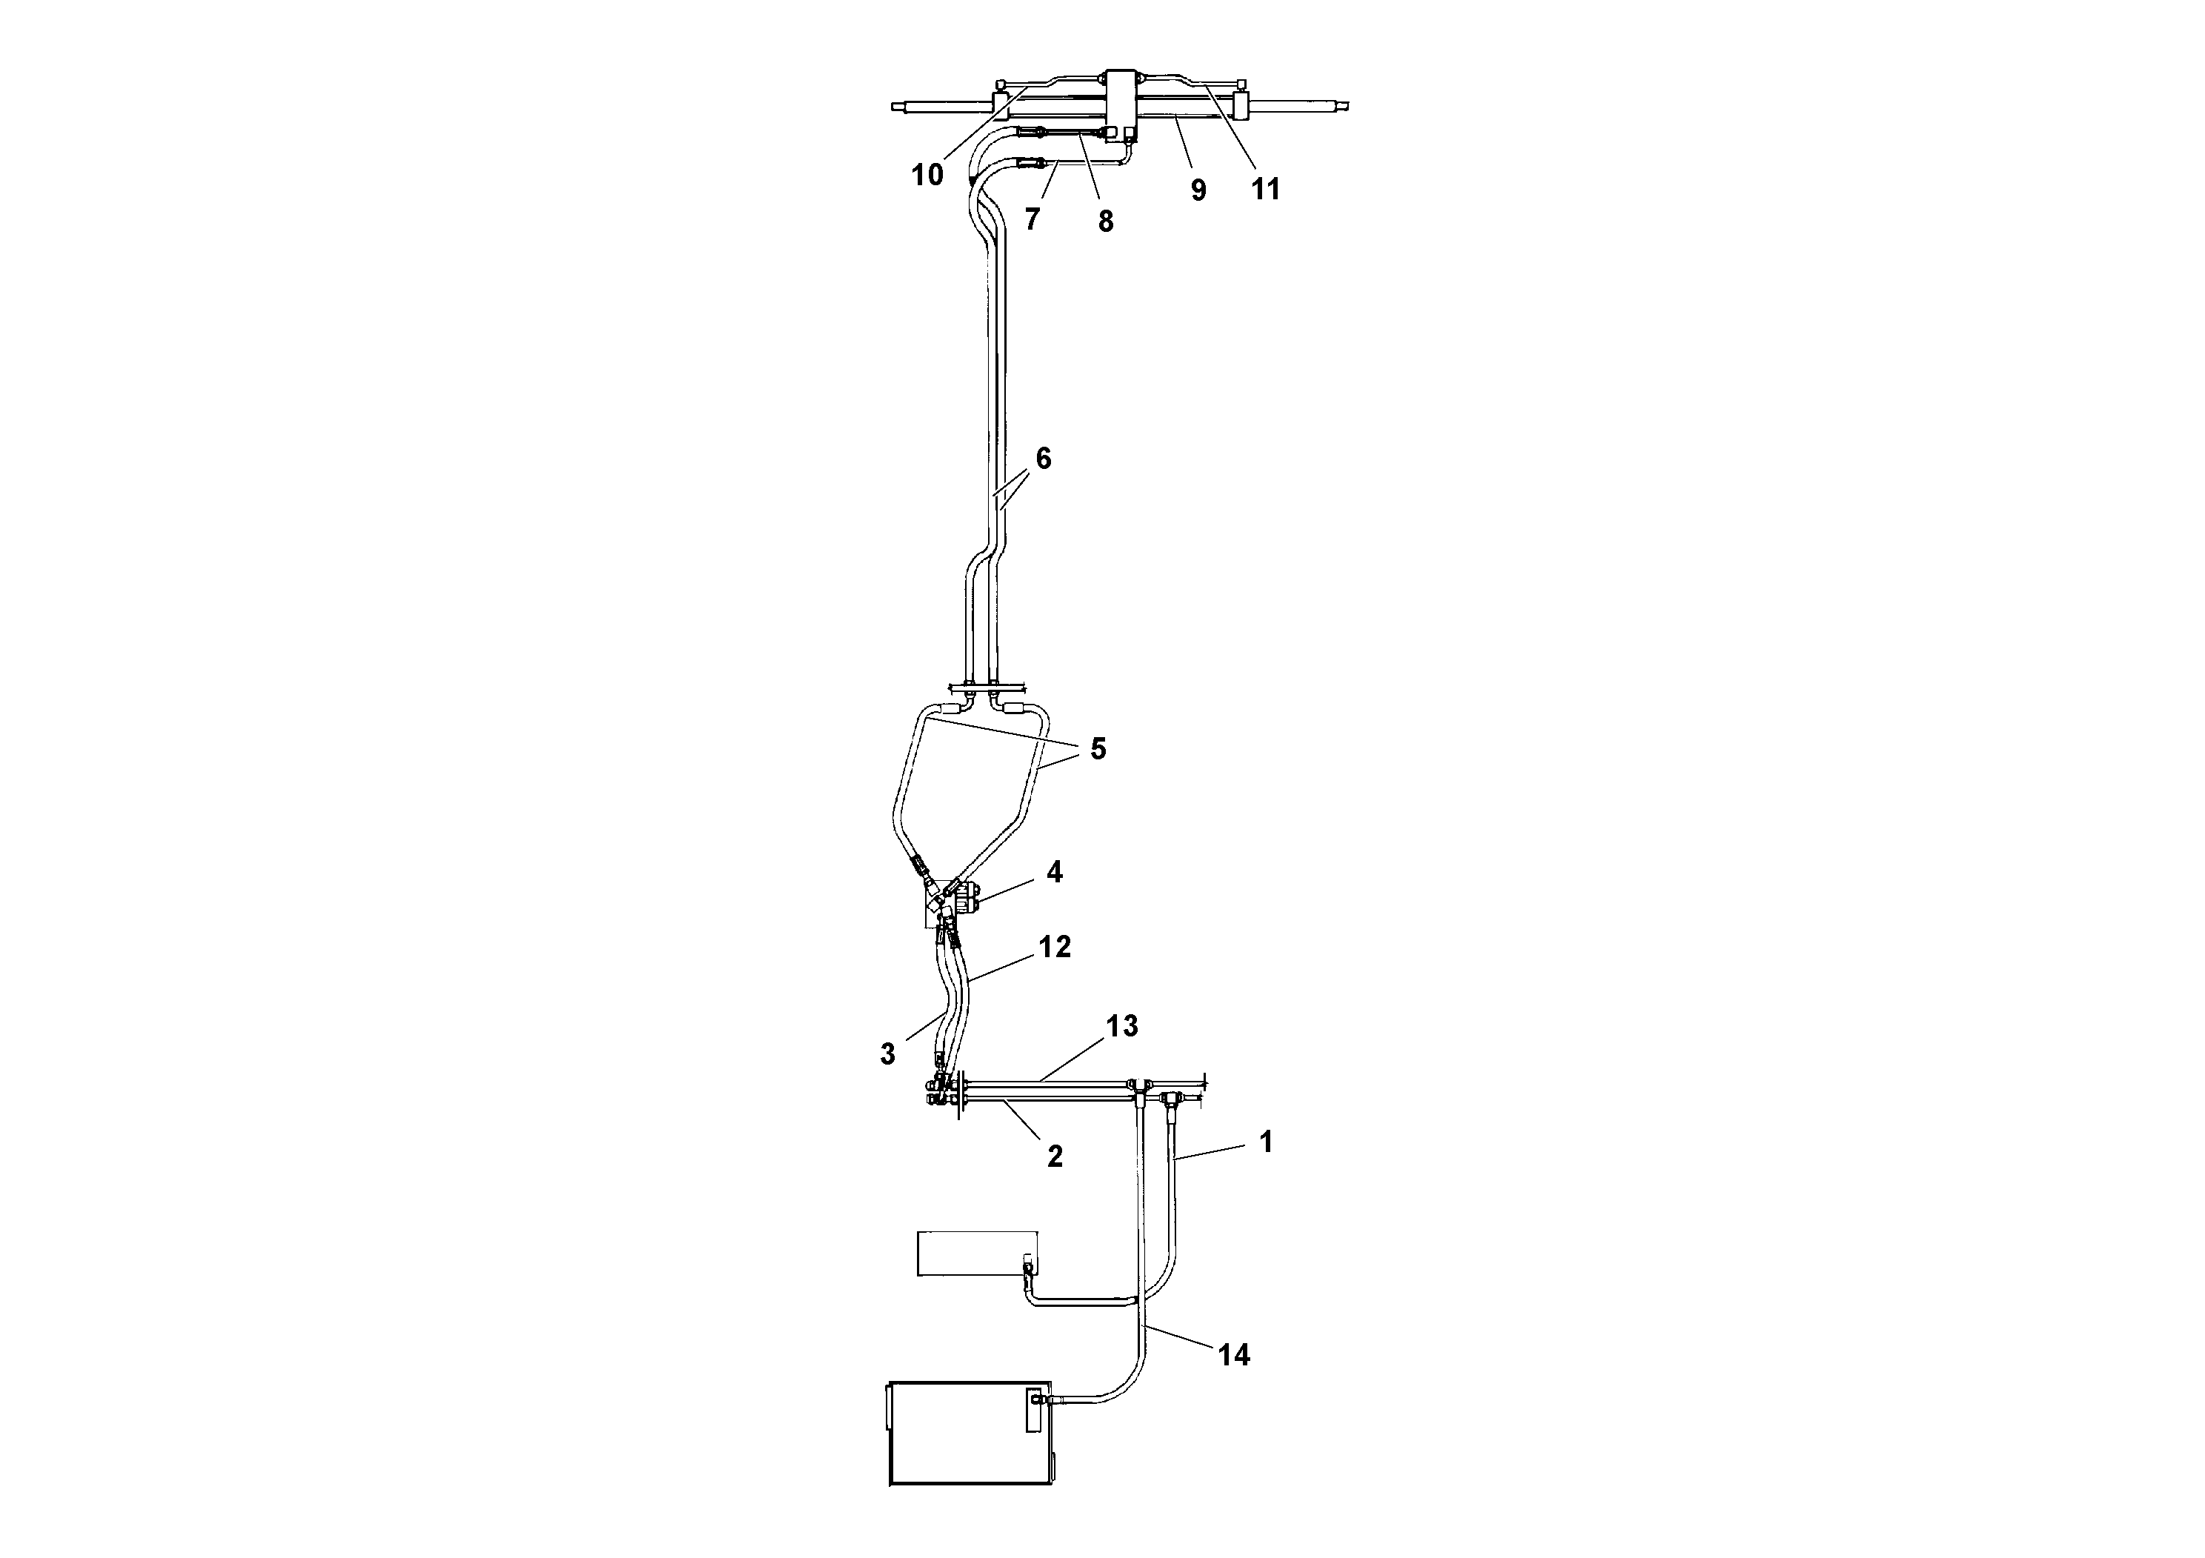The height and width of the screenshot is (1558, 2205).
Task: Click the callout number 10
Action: coord(927,176)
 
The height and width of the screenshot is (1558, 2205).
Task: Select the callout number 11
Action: coord(1266,189)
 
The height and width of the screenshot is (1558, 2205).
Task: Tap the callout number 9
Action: coord(1198,190)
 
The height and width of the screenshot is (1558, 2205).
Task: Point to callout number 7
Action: coord(1033,220)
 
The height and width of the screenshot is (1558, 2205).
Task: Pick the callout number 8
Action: coord(1105,222)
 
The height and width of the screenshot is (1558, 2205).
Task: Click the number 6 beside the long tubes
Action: coord(1043,459)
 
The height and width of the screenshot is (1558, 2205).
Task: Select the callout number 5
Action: coord(1098,748)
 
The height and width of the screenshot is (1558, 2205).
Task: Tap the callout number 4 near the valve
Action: coord(1055,872)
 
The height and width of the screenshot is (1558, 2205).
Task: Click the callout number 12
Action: coord(1055,947)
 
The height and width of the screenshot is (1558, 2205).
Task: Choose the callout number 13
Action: coord(1121,1026)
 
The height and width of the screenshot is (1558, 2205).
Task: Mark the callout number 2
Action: coord(1055,1157)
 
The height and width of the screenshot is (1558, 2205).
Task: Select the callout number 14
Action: coord(1234,1355)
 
